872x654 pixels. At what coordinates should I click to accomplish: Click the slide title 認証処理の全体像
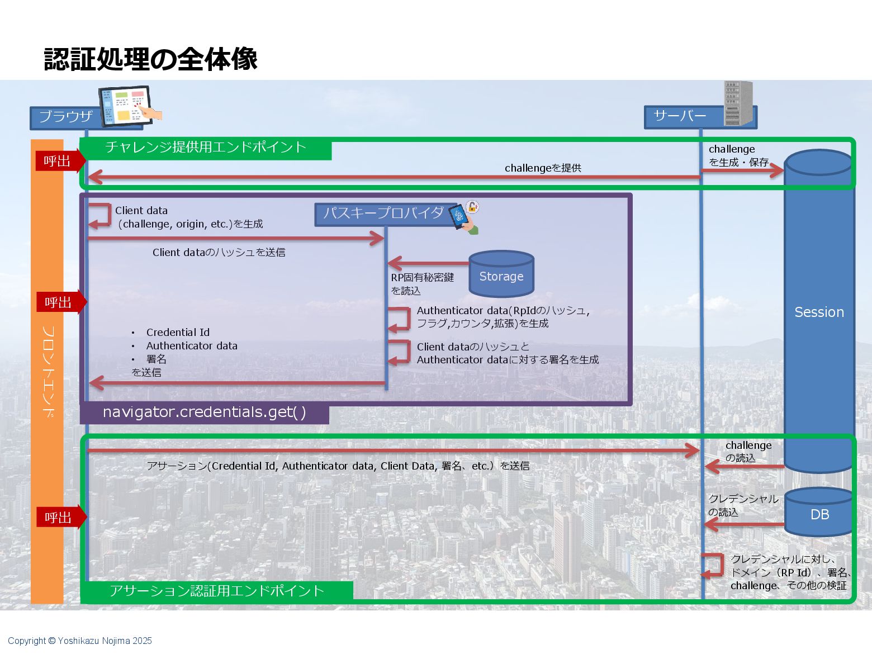(x=150, y=59)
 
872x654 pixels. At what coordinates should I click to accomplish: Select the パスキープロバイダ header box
(x=384, y=214)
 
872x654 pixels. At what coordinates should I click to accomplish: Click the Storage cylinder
(x=501, y=274)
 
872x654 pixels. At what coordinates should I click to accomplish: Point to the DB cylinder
(x=819, y=513)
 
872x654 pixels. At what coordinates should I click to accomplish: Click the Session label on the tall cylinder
(x=819, y=312)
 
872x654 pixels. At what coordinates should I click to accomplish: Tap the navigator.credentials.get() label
(x=204, y=413)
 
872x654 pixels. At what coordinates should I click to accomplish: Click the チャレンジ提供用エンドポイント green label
(x=206, y=148)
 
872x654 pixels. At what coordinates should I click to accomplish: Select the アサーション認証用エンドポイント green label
(x=217, y=591)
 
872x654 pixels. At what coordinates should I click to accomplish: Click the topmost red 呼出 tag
(x=58, y=162)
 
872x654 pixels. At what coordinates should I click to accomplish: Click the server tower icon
(x=738, y=103)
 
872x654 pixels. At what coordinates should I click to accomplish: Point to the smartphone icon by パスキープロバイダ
(x=464, y=217)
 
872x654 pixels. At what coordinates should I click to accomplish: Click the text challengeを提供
(x=543, y=168)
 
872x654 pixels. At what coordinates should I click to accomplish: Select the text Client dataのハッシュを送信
(x=219, y=253)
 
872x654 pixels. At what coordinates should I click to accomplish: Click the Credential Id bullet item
(x=178, y=333)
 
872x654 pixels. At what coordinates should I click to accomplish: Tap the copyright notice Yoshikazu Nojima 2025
(x=80, y=641)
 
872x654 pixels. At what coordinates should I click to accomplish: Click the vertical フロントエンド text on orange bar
(x=48, y=372)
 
